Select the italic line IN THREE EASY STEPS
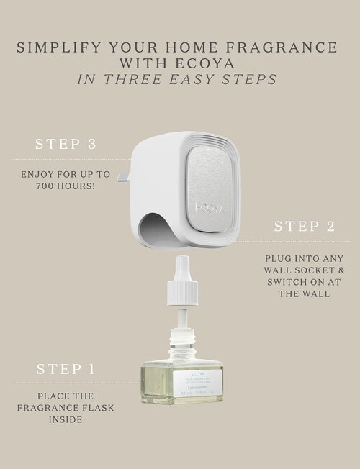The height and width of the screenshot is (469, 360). (176, 79)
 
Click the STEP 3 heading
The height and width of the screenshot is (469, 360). (66, 144)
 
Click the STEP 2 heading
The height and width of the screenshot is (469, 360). (304, 226)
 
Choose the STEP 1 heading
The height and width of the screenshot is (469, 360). (66, 370)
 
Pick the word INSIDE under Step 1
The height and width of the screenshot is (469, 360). (66, 419)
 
